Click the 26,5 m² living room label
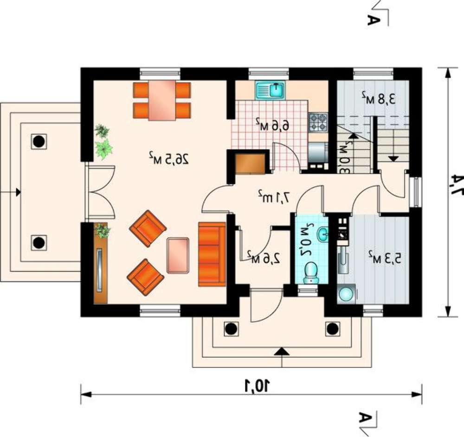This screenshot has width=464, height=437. [x=169, y=159]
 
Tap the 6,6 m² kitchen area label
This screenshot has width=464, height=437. [x=272, y=125]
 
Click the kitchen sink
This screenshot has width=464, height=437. [x=270, y=89]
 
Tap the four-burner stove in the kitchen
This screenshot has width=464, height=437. [x=318, y=122]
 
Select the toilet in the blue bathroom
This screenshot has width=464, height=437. [x=311, y=272]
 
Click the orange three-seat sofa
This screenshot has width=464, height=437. [x=212, y=254]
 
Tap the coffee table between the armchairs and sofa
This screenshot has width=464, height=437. [x=178, y=255]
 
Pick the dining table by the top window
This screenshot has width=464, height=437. [x=162, y=101]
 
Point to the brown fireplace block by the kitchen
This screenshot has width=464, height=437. [x=251, y=163]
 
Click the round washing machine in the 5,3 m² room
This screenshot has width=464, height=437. [x=347, y=293]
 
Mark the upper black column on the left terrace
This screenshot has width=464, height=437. [x=39, y=142]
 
